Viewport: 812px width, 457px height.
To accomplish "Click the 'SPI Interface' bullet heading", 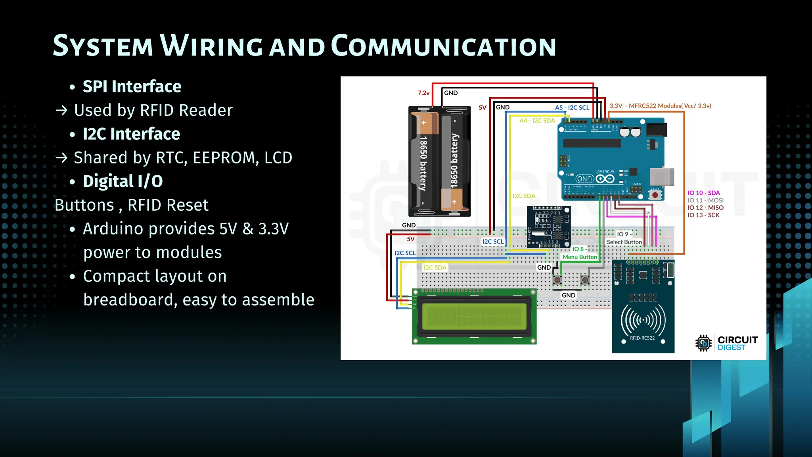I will tap(132, 86).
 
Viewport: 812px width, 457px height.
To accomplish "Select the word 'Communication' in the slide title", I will tap(443, 46).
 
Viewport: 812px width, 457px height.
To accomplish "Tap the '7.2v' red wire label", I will tap(423, 93).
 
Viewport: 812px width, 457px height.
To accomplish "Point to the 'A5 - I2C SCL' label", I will tap(572, 108).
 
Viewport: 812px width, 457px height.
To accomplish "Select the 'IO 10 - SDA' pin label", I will tap(703, 193).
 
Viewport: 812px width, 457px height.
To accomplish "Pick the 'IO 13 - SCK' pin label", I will tap(703, 215).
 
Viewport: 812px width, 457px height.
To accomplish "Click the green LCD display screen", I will tap(474, 316).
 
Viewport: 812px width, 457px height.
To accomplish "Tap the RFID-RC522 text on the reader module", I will tap(642, 338).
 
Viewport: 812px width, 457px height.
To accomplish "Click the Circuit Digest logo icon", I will tap(703, 343).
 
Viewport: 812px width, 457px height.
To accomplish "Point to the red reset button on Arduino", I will tap(655, 195).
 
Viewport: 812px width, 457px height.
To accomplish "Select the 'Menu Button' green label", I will tap(579, 257).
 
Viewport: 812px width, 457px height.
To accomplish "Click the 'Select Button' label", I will tap(624, 242).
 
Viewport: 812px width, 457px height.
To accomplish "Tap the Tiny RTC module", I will tap(549, 227).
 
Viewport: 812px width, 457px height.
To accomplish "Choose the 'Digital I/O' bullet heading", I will tap(123, 181).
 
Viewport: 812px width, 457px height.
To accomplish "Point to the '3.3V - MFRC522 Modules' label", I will tap(660, 106).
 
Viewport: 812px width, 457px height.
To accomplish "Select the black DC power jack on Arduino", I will tap(657, 129).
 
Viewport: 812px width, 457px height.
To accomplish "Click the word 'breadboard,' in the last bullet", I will tap(130, 300).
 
